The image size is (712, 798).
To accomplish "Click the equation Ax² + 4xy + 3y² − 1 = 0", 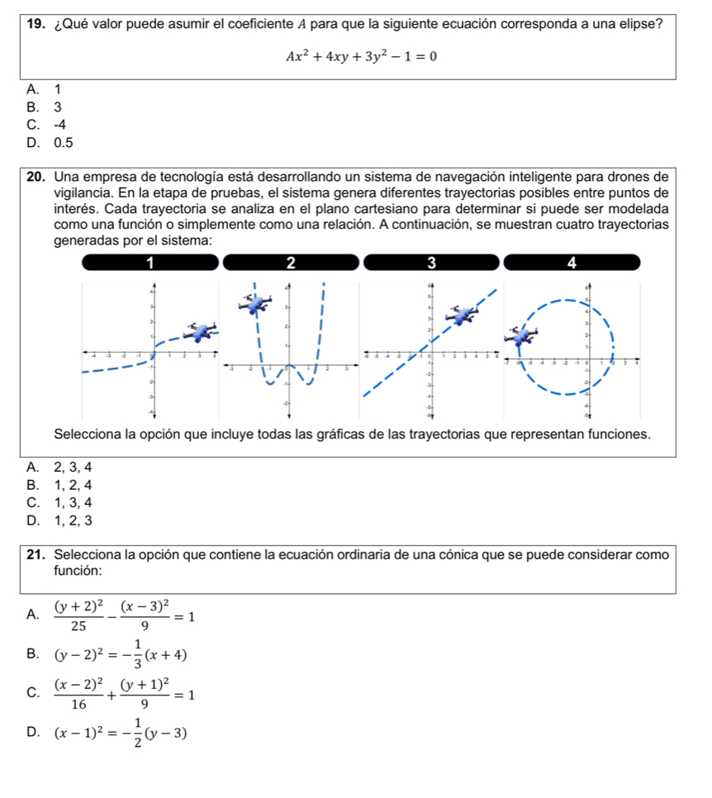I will (361, 56).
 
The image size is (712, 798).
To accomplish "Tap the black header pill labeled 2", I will (291, 263).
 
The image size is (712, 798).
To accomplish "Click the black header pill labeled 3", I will (430, 263).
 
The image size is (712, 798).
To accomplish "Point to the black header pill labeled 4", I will (572, 263).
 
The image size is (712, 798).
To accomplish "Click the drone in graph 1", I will (200, 330).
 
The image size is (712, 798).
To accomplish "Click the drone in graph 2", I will (254, 304).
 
